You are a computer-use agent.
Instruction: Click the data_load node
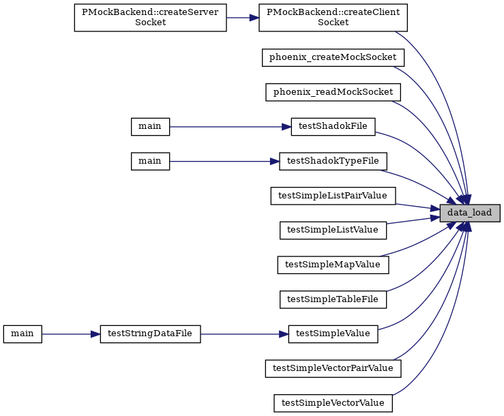pos(470,213)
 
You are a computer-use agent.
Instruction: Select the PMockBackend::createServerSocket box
pos(151,18)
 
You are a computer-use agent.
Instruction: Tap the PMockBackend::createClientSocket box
pos(333,18)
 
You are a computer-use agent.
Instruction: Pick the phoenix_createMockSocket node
pos(333,57)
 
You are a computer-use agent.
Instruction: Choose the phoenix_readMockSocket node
pos(333,92)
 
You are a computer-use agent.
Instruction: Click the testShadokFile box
pos(333,127)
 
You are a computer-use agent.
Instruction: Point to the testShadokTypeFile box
pos(333,162)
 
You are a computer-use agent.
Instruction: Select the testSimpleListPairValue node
pos(333,196)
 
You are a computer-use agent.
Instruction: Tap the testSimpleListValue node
pos(333,231)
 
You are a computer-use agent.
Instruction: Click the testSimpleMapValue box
pos(333,265)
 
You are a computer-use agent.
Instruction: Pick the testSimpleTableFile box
pos(333,299)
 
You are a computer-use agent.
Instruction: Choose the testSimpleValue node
pos(333,334)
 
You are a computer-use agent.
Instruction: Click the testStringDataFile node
pos(151,334)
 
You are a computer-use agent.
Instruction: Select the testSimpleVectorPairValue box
pos(333,368)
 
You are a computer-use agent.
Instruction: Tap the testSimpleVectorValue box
pos(333,403)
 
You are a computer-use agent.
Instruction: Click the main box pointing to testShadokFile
pos(151,127)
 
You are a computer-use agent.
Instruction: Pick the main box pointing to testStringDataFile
pos(23,334)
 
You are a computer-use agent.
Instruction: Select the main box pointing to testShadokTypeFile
pos(151,162)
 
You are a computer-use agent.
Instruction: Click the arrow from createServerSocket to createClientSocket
pos(243,18)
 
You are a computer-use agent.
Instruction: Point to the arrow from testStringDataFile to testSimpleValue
pos(245,334)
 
